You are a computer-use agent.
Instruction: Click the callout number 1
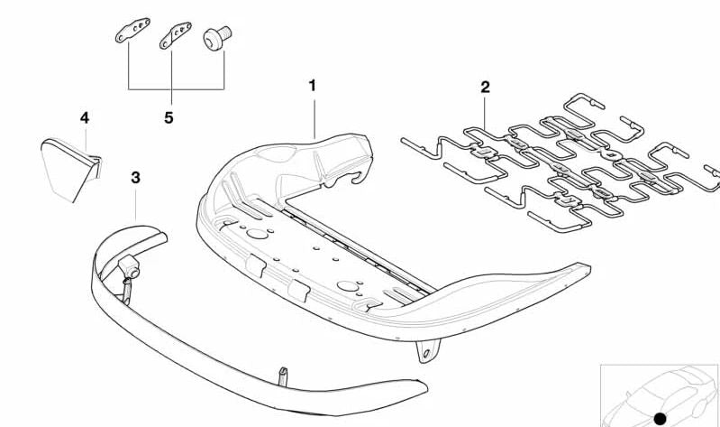pos(313,86)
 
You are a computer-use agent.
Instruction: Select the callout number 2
pos(486,87)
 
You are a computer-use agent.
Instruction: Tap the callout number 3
pos(135,178)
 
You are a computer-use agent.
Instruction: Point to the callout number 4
pos(85,118)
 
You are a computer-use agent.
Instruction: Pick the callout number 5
pos(169,118)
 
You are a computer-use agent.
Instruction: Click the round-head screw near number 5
pos(217,38)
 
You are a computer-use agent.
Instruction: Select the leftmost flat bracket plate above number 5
pos(132,30)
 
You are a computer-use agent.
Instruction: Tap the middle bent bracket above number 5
pos(176,35)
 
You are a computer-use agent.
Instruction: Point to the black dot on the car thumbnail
pos(660,419)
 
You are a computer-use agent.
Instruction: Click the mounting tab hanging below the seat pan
pos(426,350)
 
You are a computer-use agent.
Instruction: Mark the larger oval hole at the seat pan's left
pos(257,234)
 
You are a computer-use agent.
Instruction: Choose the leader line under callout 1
pos(314,119)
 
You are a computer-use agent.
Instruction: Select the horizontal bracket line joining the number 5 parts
pos(177,88)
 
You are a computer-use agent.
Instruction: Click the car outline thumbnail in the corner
pos(660,395)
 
